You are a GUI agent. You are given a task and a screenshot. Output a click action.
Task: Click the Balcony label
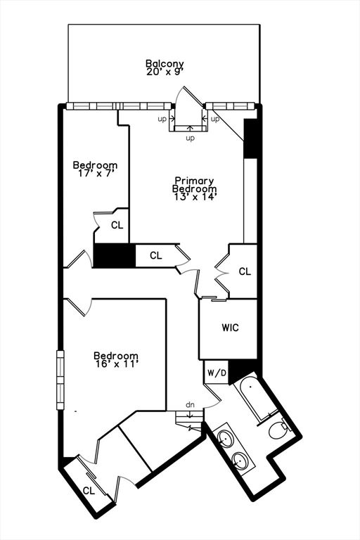165,64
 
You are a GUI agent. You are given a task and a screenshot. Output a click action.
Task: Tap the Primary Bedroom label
194,185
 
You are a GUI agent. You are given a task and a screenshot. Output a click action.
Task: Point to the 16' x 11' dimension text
117,364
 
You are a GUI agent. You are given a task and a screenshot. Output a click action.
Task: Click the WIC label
230,327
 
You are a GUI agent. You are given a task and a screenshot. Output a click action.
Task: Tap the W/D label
217,373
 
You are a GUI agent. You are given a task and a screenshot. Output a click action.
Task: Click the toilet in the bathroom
278,429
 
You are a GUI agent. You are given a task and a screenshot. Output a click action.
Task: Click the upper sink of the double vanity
224,439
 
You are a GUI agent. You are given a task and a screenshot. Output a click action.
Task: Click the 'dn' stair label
190,405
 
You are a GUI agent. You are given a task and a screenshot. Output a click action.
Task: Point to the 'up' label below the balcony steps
190,138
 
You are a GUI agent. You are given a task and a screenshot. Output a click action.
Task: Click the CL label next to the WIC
245,271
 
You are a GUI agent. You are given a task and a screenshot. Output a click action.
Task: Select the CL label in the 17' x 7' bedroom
117,225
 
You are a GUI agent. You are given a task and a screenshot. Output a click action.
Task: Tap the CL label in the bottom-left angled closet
89,491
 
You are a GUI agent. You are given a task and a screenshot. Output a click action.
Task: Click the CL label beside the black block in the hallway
155,255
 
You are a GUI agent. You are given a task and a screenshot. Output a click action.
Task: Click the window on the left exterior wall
60,380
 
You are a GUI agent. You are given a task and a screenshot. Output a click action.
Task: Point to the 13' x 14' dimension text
195,197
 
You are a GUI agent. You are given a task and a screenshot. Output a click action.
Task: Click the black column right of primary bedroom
250,139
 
